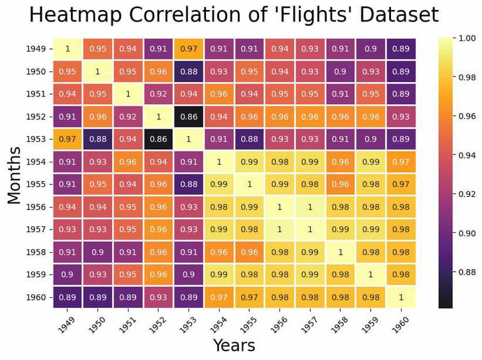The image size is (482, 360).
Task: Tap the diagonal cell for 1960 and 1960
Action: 400,297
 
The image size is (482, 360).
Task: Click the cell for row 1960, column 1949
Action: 67,297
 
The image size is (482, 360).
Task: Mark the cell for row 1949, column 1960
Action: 400,49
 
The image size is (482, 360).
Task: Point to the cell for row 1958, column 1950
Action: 97,252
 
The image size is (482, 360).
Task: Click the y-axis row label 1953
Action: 36,139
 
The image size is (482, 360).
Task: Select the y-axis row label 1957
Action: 36,230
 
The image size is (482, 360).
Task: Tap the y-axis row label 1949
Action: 36,49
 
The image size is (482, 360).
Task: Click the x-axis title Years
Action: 233,345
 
